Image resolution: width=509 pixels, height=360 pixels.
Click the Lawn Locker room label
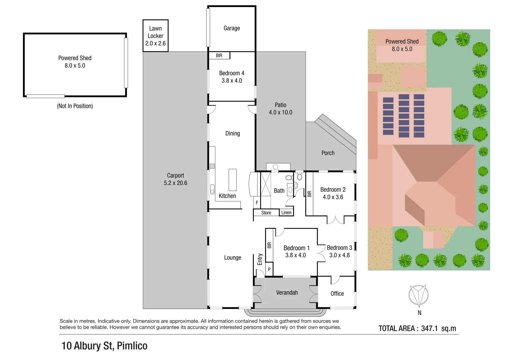click(155, 32)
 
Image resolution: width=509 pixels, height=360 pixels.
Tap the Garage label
click(232, 28)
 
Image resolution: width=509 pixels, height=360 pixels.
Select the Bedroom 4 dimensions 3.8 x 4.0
click(232, 81)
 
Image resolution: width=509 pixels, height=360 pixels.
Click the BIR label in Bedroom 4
click(219, 56)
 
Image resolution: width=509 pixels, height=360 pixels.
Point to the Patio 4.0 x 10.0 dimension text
click(280, 113)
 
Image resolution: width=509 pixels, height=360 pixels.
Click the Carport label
click(175, 176)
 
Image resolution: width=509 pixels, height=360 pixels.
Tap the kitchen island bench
click(232, 180)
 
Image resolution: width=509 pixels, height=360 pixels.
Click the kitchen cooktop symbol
click(212, 166)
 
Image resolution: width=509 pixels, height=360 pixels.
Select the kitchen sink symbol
click(212, 189)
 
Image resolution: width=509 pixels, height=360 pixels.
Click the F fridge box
click(257, 203)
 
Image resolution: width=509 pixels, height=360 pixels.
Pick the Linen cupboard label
click(286, 213)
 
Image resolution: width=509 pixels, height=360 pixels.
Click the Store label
click(266, 213)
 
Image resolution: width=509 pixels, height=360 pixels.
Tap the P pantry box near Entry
click(269, 269)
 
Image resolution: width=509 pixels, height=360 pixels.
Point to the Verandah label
click(287, 293)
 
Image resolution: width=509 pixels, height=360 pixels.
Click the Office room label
click(337, 294)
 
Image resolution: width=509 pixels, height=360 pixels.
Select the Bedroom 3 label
click(339, 248)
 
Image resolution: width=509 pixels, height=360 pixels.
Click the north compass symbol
click(419, 296)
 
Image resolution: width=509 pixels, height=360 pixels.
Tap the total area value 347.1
click(429, 328)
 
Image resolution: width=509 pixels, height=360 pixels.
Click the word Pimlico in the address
click(132, 346)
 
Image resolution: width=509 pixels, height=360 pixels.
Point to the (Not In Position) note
click(75, 106)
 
